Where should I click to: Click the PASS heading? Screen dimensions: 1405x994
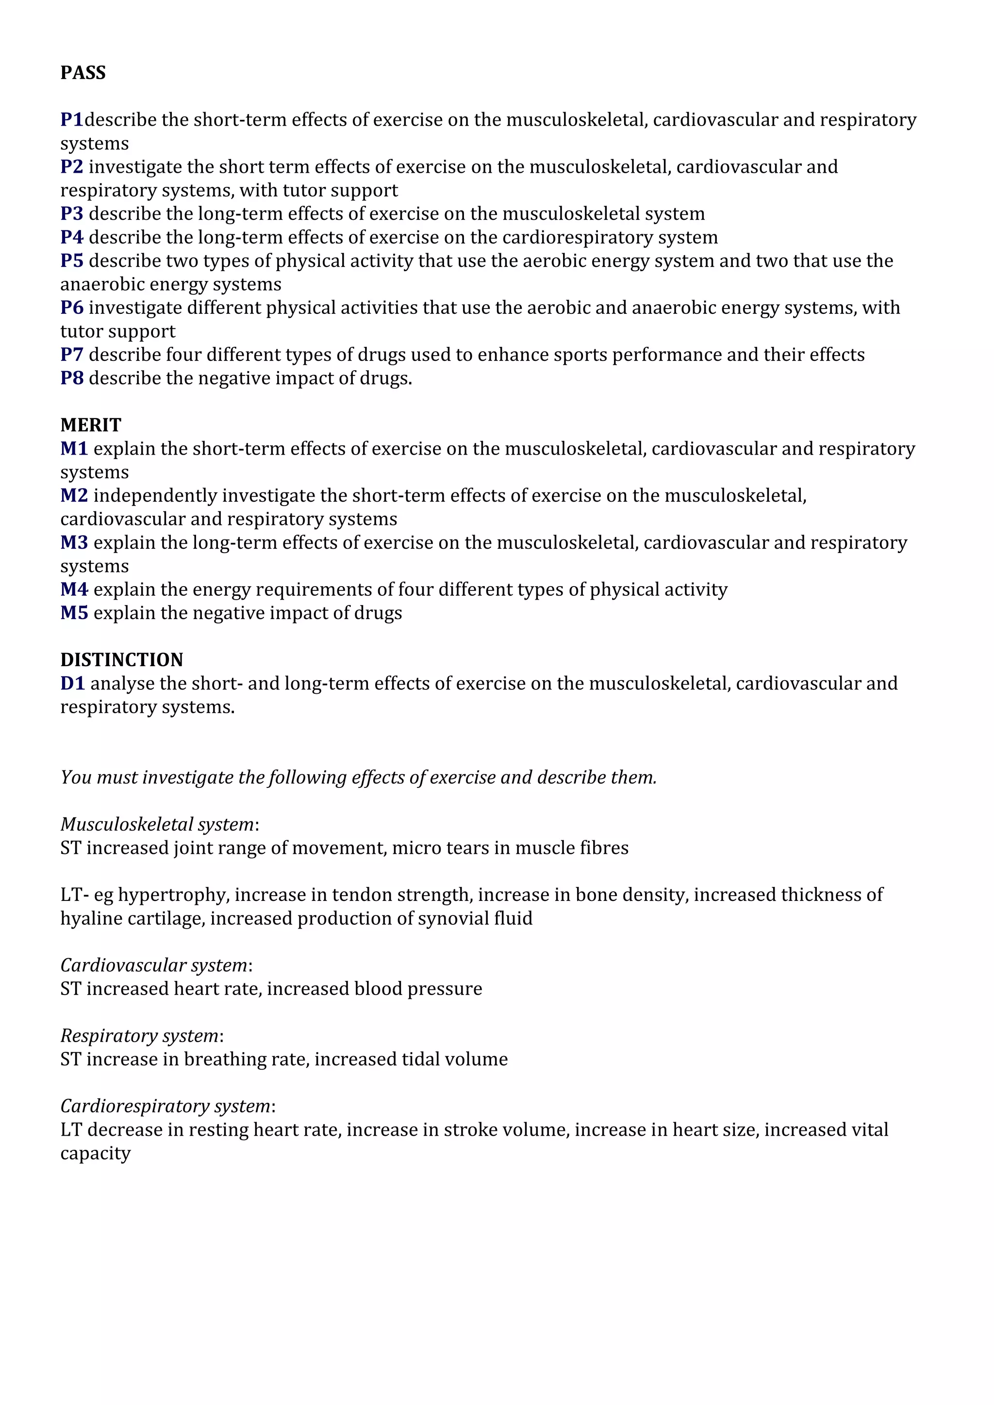pos(83,73)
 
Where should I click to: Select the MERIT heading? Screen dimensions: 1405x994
pos(91,425)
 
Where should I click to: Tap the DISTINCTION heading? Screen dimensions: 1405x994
pos(122,660)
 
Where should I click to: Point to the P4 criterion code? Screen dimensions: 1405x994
pos(72,237)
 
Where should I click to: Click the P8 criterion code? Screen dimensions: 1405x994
pos(72,378)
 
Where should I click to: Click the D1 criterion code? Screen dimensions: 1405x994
pos(72,683)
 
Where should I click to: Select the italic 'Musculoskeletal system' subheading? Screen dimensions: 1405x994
pos(157,824)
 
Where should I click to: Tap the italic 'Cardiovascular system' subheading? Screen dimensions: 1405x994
pos(154,965)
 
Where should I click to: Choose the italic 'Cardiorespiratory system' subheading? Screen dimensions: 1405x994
pos(165,1106)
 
